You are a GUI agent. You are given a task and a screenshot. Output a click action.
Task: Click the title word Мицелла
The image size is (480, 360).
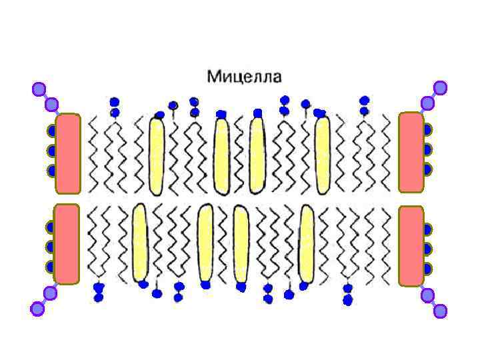(x=244, y=77)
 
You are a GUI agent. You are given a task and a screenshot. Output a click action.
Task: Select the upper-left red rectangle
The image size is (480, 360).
(x=68, y=153)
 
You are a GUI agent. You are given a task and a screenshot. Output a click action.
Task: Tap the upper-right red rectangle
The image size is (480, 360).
(x=411, y=153)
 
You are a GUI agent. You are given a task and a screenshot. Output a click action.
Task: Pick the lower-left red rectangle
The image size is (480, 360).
(x=67, y=243)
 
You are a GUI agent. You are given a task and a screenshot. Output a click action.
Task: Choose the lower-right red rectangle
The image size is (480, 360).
(x=411, y=245)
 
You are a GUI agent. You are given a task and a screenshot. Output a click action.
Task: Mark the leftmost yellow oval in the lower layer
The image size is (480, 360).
(x=139, y=243)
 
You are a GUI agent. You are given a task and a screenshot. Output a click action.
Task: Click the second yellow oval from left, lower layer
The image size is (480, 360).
(x=205, y=243)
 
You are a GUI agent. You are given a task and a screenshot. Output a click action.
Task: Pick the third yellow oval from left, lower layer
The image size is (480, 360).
(x=241, y=243)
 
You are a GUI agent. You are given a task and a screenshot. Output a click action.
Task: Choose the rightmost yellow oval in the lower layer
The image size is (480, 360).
(x=306, y=243)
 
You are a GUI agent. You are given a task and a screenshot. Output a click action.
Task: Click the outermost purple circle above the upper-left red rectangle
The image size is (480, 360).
(x=39, y=89)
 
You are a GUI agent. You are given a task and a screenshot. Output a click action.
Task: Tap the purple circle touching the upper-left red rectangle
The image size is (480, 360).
(x=52, y=105)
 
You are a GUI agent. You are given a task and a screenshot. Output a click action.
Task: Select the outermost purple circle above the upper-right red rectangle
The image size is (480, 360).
(x=440, y=87)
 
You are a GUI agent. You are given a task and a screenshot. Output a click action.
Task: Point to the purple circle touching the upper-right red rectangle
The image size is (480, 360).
(x=427, y=103)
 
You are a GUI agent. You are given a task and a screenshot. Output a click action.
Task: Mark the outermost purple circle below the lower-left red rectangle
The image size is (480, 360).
(x=37, y=308)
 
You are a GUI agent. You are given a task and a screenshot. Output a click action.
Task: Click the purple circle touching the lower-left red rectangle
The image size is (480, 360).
(x=50, y=293)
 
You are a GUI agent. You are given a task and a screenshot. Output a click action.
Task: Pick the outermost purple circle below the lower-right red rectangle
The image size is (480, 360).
(x=440, y=309)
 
